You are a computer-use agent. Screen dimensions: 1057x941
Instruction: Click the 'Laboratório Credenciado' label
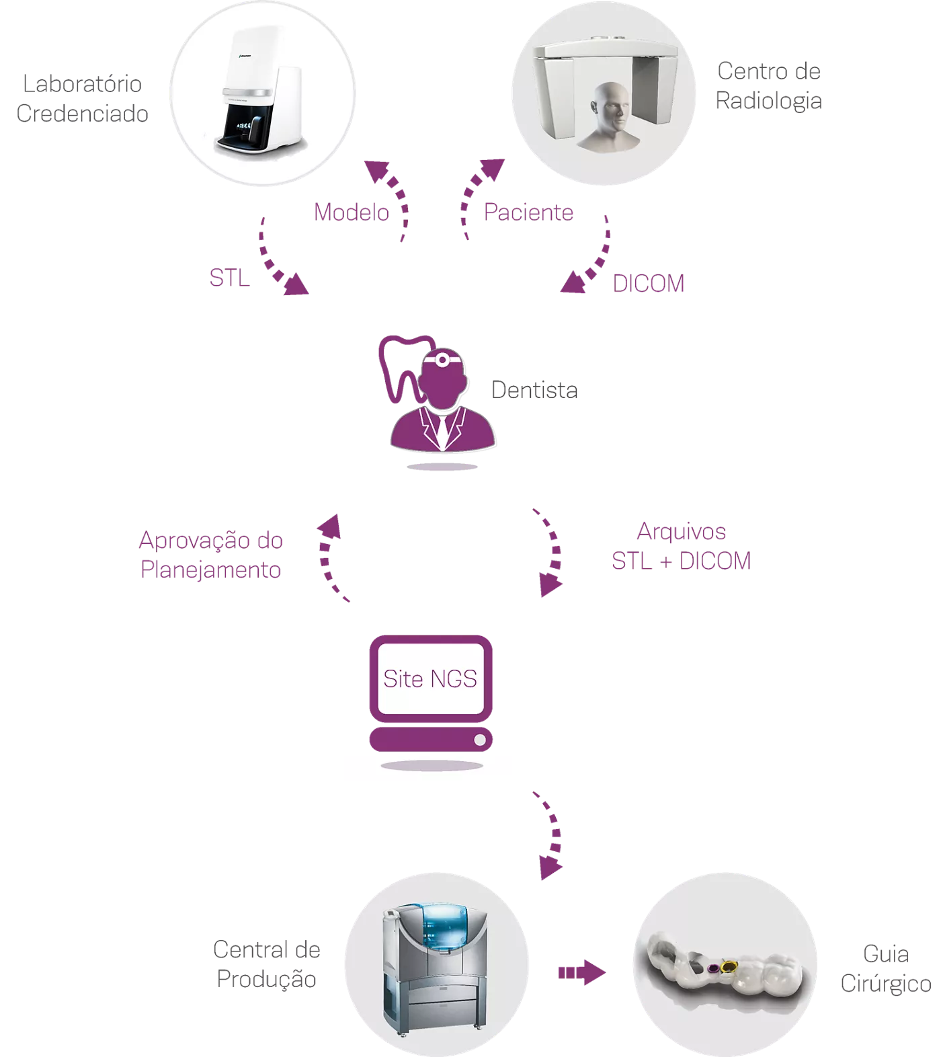[x=82, y=99]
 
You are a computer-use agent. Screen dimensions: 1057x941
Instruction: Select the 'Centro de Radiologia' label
[x=768, y=86]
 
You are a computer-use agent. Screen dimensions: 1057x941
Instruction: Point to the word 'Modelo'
[x=351, y=212]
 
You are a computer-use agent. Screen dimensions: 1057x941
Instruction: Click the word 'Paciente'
[x=528, y=212]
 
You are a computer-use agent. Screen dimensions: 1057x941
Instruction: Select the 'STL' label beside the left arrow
[x=229, y=278]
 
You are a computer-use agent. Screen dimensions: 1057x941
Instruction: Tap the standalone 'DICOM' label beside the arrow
[x=648, y=284]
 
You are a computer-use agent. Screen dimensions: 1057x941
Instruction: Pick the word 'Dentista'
[x=534, y=390]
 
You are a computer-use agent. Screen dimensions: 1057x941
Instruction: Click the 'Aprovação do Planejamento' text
[x=210, y=555]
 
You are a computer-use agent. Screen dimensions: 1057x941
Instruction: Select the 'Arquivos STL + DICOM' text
[x=681, y=546]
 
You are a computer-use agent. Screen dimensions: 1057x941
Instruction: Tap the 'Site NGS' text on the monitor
[x=430, y=679]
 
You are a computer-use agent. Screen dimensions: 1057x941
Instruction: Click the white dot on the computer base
[x=480, y=740]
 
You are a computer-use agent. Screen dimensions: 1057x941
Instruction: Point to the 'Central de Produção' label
[x=266, y=964]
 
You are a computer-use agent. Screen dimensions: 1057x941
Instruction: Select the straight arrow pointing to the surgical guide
[x=581, y=972]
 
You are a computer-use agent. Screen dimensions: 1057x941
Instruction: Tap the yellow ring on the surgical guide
[x=727, y=968]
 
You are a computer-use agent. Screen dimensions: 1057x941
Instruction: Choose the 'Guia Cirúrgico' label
[x=885, y=969]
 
